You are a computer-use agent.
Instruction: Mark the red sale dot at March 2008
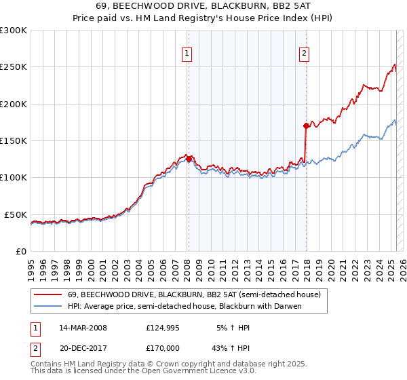[189, 159]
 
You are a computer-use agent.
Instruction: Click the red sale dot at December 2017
[306, 126]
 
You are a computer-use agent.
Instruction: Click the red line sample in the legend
[47, 294]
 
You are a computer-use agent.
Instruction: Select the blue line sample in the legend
[47, 306]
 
